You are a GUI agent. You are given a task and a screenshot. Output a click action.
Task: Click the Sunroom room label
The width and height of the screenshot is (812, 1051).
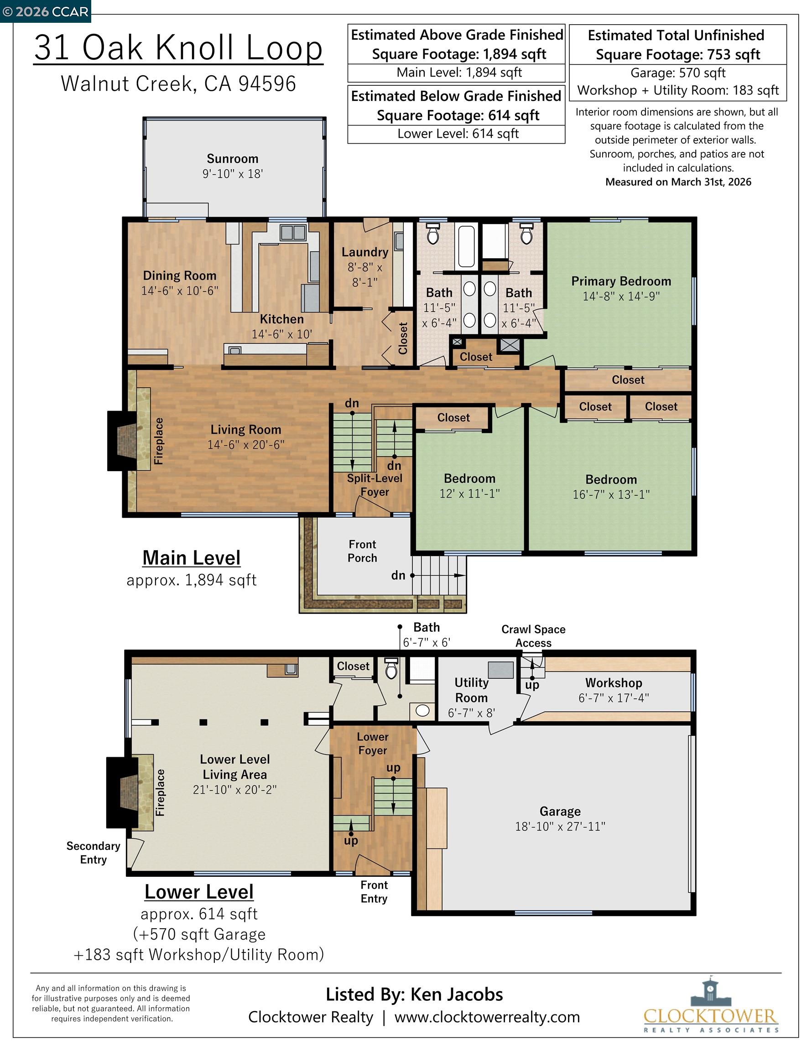coord(233,159)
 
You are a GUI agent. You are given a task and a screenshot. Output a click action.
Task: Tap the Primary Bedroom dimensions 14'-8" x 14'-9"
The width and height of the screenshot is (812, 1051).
coord(621,297)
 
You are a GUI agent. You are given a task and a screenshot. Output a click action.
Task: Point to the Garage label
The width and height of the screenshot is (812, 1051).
coord(560,812)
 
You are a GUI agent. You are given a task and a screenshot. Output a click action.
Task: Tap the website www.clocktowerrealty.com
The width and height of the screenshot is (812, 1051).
coord(487,1017)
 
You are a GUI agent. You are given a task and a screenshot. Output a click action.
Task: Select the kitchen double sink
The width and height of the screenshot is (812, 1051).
coord(293,233)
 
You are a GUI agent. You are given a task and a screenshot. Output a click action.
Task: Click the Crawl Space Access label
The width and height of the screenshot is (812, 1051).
coord(533,636)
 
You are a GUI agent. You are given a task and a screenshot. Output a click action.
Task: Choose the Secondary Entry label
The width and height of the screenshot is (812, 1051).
coord(94,853)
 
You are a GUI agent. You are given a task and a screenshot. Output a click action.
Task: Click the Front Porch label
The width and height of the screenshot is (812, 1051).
coord(363,551)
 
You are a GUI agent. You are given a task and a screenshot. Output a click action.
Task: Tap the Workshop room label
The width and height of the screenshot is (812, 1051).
coord(614,683)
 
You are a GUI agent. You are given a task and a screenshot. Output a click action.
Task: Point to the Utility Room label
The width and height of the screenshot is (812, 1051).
coord(471,690)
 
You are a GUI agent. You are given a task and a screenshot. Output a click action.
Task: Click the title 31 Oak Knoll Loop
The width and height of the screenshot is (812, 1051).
coord(178,47)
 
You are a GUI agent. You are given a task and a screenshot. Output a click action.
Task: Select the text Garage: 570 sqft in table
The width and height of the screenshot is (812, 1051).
coord(678,73)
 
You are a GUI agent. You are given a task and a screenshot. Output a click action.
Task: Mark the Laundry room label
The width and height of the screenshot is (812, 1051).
coord(365,252)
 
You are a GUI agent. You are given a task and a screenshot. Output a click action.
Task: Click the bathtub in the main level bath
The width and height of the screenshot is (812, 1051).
coord(466,246)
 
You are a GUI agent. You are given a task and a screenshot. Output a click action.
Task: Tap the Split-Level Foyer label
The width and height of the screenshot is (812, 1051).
coord(375,485)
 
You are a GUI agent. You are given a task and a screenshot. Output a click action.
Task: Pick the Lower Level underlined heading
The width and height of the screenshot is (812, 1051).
coord(199,892)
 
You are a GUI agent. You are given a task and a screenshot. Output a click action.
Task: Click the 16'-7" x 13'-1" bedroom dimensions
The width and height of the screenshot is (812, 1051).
coord(611,494)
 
